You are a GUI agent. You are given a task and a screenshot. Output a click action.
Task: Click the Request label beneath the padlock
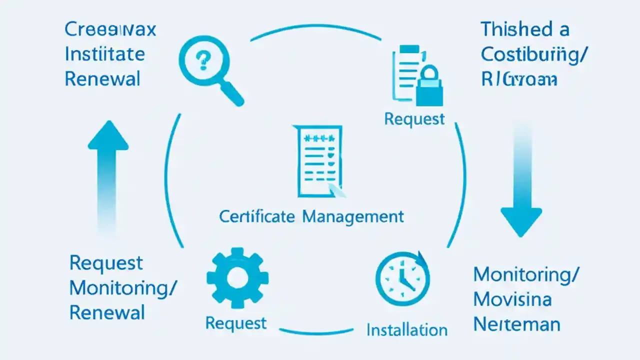pyautogui.click(x=414, y=119)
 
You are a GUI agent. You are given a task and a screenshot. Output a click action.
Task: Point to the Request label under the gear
pyautogui.click(x=236, y=323)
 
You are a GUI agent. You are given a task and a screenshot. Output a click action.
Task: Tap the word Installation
pyautogui.click(x=406, y=330)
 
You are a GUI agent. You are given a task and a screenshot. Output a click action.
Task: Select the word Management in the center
pyautogui.click(x=353, y=216)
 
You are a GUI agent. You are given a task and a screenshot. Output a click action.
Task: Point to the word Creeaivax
pyautogui.click(x=110, y=29)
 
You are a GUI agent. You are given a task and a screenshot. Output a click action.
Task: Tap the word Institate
pyautogui.click(x=105, y=54)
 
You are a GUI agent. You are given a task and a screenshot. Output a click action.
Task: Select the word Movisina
pyautogui.click(x=512, y=299)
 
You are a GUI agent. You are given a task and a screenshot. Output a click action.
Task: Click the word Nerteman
pyautogui.click(x=516, y=324)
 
